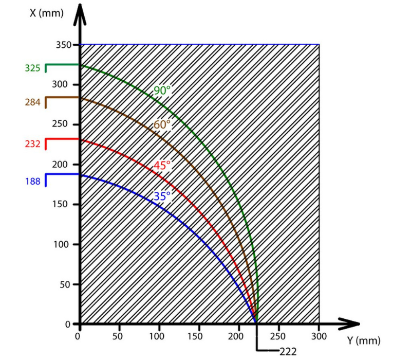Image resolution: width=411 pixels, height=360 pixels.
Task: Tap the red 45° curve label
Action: click(162, 166)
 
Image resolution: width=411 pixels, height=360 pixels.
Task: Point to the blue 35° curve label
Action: click(162, 195)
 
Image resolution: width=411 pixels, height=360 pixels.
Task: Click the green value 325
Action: click(32, 67)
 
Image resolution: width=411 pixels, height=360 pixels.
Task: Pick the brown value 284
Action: click(32, 102)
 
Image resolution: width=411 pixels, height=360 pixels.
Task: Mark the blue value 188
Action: click(32, 181)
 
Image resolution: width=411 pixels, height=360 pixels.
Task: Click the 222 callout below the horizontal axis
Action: click(288, 352)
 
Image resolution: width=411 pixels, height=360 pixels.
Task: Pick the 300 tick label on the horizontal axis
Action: click(319, 336)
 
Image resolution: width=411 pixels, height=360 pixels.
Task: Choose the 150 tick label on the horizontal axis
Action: click(199, 336)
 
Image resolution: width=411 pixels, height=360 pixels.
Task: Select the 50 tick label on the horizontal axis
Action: click(119, 336)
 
